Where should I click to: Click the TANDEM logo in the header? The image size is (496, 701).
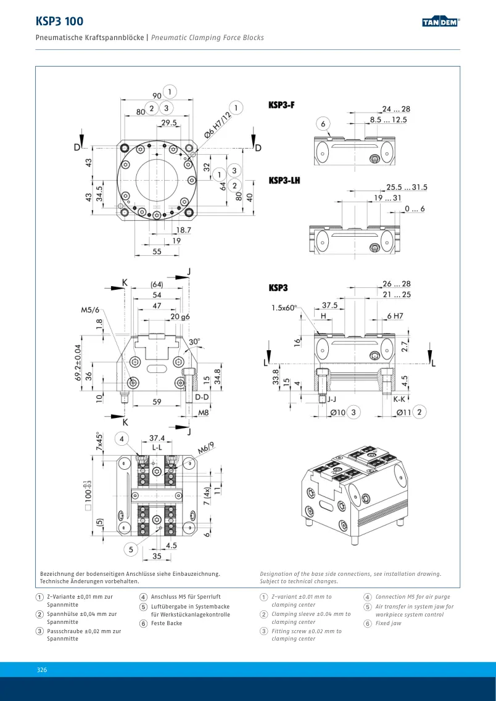pos(441,22)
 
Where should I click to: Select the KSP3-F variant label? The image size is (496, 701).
pos(281,105)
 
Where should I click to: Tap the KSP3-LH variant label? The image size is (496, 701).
pos(284,180)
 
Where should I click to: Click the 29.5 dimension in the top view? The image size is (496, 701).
pos(168,123)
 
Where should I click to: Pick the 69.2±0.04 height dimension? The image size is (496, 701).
pos(78,362)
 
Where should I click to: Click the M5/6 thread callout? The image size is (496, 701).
pos(90,310)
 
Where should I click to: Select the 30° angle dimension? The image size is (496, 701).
pos(194,342)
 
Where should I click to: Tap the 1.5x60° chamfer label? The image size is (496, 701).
pos(284,308)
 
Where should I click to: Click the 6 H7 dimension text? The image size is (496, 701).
pos(395,316)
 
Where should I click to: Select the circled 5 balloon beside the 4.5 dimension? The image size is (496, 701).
pos(131,549)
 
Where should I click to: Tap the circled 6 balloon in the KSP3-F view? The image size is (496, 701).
pos(323,124)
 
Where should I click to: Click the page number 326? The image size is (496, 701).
pos(42,670)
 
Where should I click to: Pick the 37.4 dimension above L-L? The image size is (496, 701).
pos(157,438)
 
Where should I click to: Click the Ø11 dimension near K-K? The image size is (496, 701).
pos(404,412)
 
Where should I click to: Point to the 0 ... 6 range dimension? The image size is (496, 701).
pos(415,209)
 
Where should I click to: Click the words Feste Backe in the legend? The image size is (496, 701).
pos(167,623)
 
